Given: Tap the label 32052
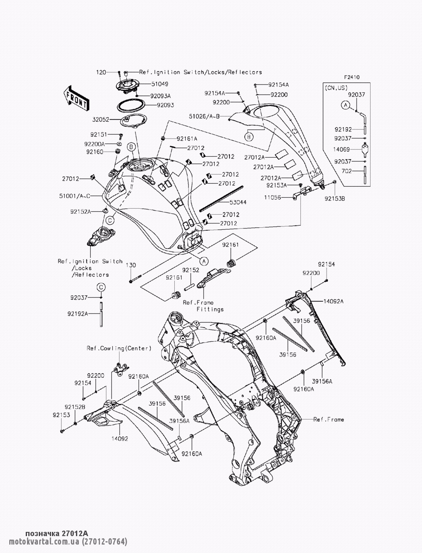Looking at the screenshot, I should (x=101, y=120).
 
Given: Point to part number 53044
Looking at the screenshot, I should (x=238, y=202).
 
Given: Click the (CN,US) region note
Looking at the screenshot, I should (x=336, y=88).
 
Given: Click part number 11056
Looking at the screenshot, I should (x=273, y=197).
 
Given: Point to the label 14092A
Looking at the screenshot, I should (x=333, y=301).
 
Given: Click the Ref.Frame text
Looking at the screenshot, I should (x=328, y=420).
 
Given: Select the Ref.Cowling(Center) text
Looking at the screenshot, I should (x=119, y=349).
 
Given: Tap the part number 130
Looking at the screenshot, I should (x=131, y=265).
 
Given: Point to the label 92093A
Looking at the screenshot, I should (x=156, y=95).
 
